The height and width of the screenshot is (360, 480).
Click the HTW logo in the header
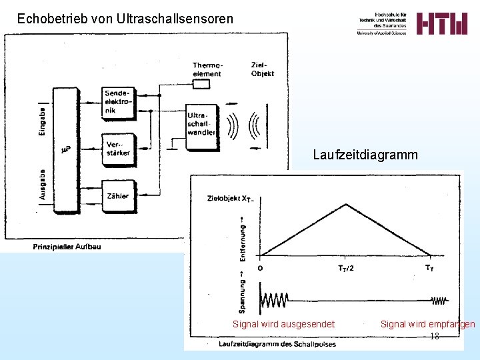(x=442, y=23)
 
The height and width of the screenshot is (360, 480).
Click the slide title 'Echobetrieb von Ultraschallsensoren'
(x=125, y=19)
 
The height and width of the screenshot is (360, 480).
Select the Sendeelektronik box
(x=118, y=101)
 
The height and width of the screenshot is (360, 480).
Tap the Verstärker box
(x=118, y=149)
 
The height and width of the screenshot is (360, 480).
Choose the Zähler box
(x=118, y=195)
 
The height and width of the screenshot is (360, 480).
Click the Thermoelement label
(x=207, y=69)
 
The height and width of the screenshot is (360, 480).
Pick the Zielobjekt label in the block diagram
(x=262, y=69)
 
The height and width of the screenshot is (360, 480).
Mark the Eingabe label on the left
(x=43, y=121)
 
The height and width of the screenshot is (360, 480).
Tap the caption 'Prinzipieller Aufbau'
(x=67, y=247)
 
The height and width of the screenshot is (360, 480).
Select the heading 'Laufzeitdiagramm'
(x=365, y=155)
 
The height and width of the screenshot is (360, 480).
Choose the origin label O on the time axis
(x=259, y=268)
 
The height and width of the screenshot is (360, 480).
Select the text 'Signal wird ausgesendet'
(x=283, y=324)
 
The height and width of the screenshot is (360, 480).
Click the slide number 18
(x=435, y=336)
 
